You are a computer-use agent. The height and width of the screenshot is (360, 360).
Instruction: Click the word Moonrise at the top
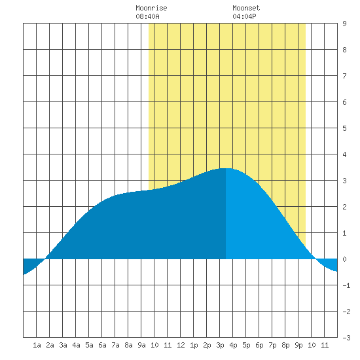(151, 8)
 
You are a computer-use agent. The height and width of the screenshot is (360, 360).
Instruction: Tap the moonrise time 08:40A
(147, 16)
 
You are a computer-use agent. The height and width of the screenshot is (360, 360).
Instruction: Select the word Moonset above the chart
(246, 8)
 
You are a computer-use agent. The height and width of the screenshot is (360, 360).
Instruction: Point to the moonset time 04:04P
(244, 16)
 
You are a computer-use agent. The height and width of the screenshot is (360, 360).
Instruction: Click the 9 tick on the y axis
(344, 24)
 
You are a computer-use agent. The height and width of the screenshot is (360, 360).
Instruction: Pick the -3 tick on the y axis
(346, 338)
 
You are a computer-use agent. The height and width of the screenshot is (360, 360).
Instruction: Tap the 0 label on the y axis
(344, 259)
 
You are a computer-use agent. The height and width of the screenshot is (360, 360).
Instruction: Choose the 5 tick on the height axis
(344, 128)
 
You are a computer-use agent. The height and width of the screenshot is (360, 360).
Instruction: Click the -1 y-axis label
(346, 285)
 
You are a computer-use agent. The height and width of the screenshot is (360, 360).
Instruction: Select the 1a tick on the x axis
(37, 345)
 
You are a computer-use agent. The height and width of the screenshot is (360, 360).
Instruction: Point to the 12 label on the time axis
(181, 345)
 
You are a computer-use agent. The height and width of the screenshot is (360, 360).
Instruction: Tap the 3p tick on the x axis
(220, 345)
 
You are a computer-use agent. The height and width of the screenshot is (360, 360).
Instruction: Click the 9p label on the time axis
(298, 345)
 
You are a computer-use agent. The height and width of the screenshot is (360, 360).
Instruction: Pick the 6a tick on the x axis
(102, 345)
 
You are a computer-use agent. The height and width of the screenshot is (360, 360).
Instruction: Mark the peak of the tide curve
(226, 168)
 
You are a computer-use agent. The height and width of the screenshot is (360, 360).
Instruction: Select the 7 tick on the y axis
(344, 76)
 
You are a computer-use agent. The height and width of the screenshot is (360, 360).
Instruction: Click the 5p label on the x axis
(246, 345)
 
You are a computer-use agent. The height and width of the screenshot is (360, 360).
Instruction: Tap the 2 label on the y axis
(344, 207)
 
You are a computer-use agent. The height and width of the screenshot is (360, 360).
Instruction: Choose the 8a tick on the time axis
(128, 345)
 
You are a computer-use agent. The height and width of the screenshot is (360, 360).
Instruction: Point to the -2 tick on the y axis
(346, 312)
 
